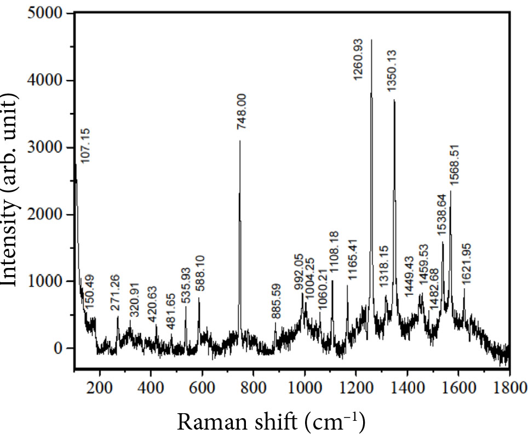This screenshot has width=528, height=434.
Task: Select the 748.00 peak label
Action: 242,112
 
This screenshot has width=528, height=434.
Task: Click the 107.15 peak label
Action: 84,146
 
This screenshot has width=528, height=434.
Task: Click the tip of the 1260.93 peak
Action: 371,39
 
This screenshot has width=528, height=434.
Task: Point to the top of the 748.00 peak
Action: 240,141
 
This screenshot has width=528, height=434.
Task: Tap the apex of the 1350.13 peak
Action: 394,100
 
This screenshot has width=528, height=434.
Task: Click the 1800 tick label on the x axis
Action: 509,384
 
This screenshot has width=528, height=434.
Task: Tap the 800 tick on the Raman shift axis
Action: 254,384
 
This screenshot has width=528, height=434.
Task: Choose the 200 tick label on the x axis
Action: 100,384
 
